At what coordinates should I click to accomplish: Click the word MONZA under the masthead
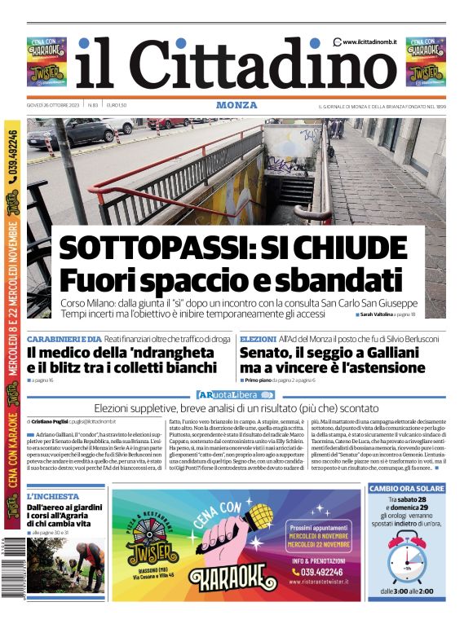click(x=236, y=105)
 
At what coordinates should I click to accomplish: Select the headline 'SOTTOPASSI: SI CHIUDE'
click(x=232, y=247)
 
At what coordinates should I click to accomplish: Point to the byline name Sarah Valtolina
click(x=377, y=314)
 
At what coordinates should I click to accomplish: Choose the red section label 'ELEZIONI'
click(x=258, y=339)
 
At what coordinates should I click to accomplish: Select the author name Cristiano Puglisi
click(x=49, y=421)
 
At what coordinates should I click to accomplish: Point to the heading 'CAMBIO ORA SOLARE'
click(x=406, y=489)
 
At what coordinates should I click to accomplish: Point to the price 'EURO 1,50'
click(x=117, y=105)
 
